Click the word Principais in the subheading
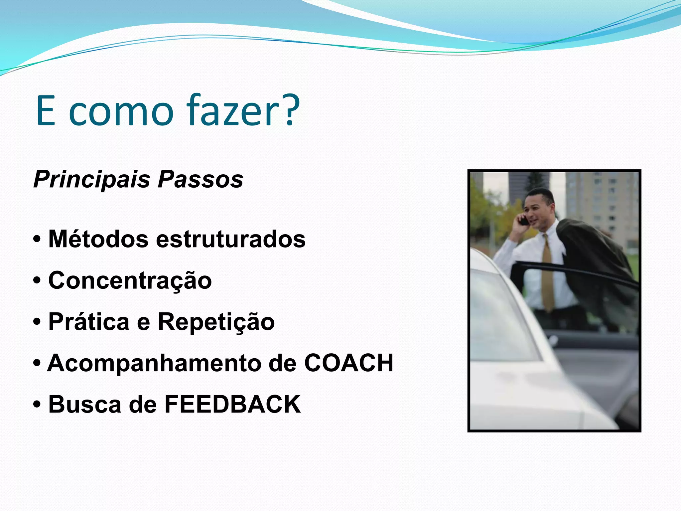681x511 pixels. [92, 180]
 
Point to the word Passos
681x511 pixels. [201, 180]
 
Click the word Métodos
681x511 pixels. [98, 239]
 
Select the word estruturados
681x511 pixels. [231, 239]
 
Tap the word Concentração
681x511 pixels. [130, 280]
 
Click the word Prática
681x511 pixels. [89, 322]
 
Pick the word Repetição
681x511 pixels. [216, 322]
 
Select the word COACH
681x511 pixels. [349, 363]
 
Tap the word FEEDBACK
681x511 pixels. [233, 404]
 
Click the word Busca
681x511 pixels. [85, 404]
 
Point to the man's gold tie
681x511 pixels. [547, 273]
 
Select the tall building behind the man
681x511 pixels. [602, 200]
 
